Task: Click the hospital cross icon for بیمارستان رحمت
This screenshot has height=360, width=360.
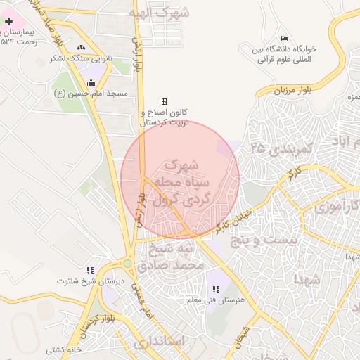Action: pyautogui.click(x=8, y=22)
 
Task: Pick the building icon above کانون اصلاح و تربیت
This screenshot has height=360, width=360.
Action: pyautogui.click(x=165, y=102)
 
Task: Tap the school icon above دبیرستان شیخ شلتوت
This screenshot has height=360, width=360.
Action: pyautogui.click(x=90, y=270)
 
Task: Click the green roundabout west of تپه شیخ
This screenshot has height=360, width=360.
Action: pyautogui.click(x=127, y=264)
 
